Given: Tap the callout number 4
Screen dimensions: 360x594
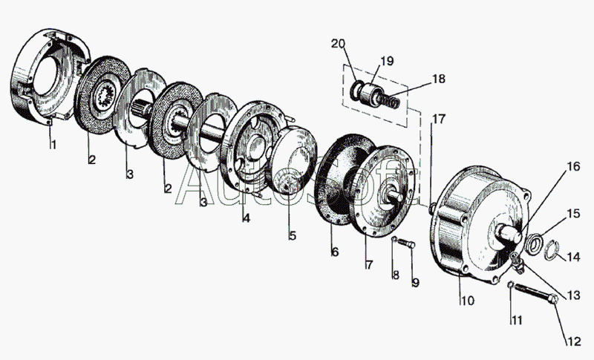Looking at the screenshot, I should point(246,218).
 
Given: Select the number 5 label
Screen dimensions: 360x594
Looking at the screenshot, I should point(293,236).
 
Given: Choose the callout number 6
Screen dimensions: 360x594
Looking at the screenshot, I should point(334,252).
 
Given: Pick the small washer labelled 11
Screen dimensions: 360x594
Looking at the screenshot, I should point(511,287).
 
